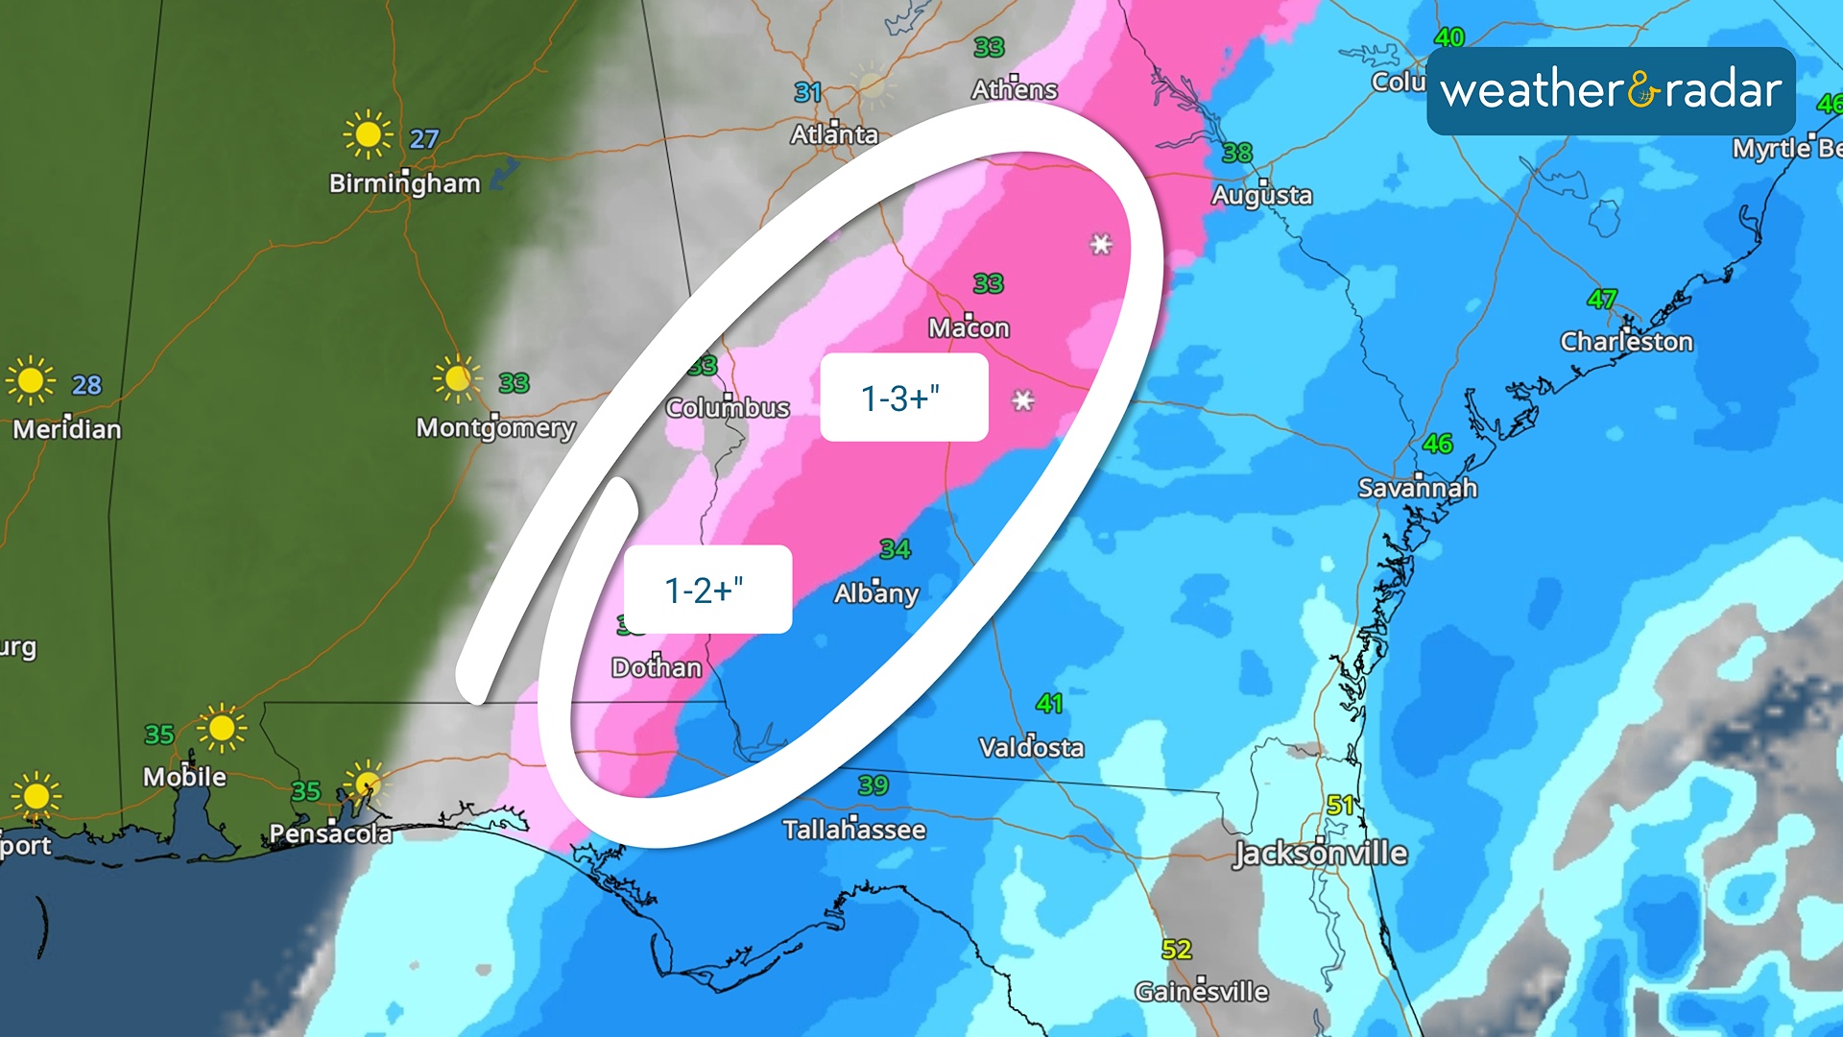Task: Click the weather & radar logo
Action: [x=1611, y=91]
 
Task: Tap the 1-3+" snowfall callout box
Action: [x=903, y=398]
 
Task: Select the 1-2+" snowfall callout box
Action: [x=707, y=590]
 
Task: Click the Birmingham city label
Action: [x=404, y=182]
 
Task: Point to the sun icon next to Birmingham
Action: [x=368, y=134]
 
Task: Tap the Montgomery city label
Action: [x=495, y=426]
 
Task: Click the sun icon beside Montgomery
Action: [x=457, y=378]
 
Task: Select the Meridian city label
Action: [x=67, y=428]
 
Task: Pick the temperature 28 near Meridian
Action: [x=86, y=385]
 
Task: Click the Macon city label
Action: [x=969, y=327]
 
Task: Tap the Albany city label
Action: [x=875, y=592]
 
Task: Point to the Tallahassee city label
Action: [x=853, y=829]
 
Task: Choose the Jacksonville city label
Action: [x=1320, y=853]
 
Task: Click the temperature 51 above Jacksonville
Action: [x=1340, y=805]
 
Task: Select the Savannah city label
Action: [x=1417, y=488]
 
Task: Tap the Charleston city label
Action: [x=1626, y=341]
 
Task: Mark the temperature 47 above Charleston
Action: [x=1602, y=299]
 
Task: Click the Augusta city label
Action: [x=1261, y=195]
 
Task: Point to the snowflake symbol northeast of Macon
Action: [x=1101, y=244]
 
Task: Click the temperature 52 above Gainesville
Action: [x=1176, y=950]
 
